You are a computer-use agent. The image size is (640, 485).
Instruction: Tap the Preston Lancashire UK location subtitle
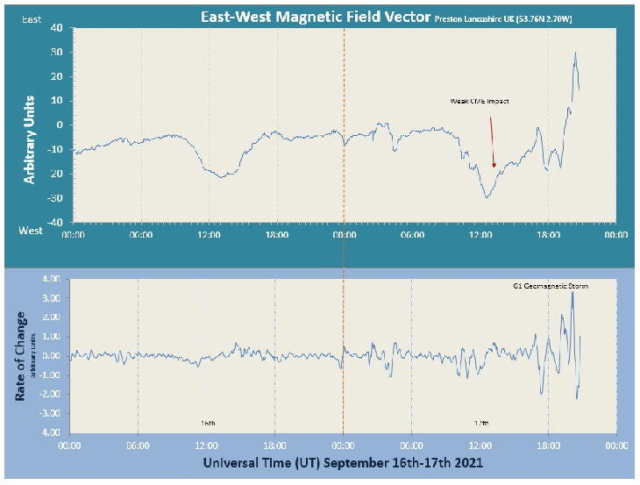coord(504,18)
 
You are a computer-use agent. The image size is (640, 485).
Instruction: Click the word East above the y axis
coord(32,18)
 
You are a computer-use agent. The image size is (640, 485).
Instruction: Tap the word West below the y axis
coord(32,230)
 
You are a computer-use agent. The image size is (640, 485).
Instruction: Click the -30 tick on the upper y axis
coord(55,198)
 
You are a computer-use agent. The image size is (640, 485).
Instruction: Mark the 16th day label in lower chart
coord(209,423)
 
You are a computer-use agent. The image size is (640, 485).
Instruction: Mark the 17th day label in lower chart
coord(480,423)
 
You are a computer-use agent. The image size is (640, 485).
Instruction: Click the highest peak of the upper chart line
coord(575,53)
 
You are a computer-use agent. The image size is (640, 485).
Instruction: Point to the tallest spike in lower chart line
coord(572,291)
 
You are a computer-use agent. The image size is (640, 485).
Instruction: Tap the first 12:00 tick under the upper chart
coord(209,234)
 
